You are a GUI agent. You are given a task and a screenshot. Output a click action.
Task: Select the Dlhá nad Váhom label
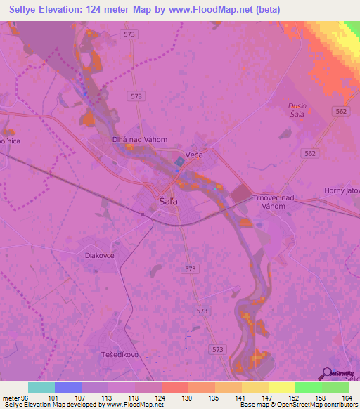(140, 139)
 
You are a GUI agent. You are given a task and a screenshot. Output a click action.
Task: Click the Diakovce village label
(99, 256)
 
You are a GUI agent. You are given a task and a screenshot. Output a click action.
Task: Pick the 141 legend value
(242, 398)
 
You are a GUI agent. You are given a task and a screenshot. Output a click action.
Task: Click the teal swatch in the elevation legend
(41, 387)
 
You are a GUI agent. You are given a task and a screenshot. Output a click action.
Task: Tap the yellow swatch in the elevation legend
(281, 387)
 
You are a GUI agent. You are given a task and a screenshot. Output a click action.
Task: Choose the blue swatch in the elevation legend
(67, 387)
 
